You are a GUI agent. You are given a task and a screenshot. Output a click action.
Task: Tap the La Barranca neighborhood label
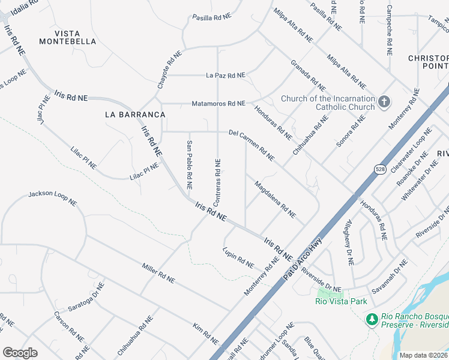point(126,114)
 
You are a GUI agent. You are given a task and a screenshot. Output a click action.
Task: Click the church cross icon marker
point(385,103)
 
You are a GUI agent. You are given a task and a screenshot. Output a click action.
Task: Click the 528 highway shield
point(381,170)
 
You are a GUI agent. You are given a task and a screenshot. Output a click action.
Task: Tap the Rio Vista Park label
point(340,301)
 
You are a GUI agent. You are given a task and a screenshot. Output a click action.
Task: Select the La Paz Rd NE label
point(226,76)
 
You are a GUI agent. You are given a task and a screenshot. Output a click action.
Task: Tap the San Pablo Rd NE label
point(189,161)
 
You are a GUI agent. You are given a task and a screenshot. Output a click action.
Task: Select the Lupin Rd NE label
point(238,257)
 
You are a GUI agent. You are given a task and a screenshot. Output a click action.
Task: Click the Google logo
point(20,352)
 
